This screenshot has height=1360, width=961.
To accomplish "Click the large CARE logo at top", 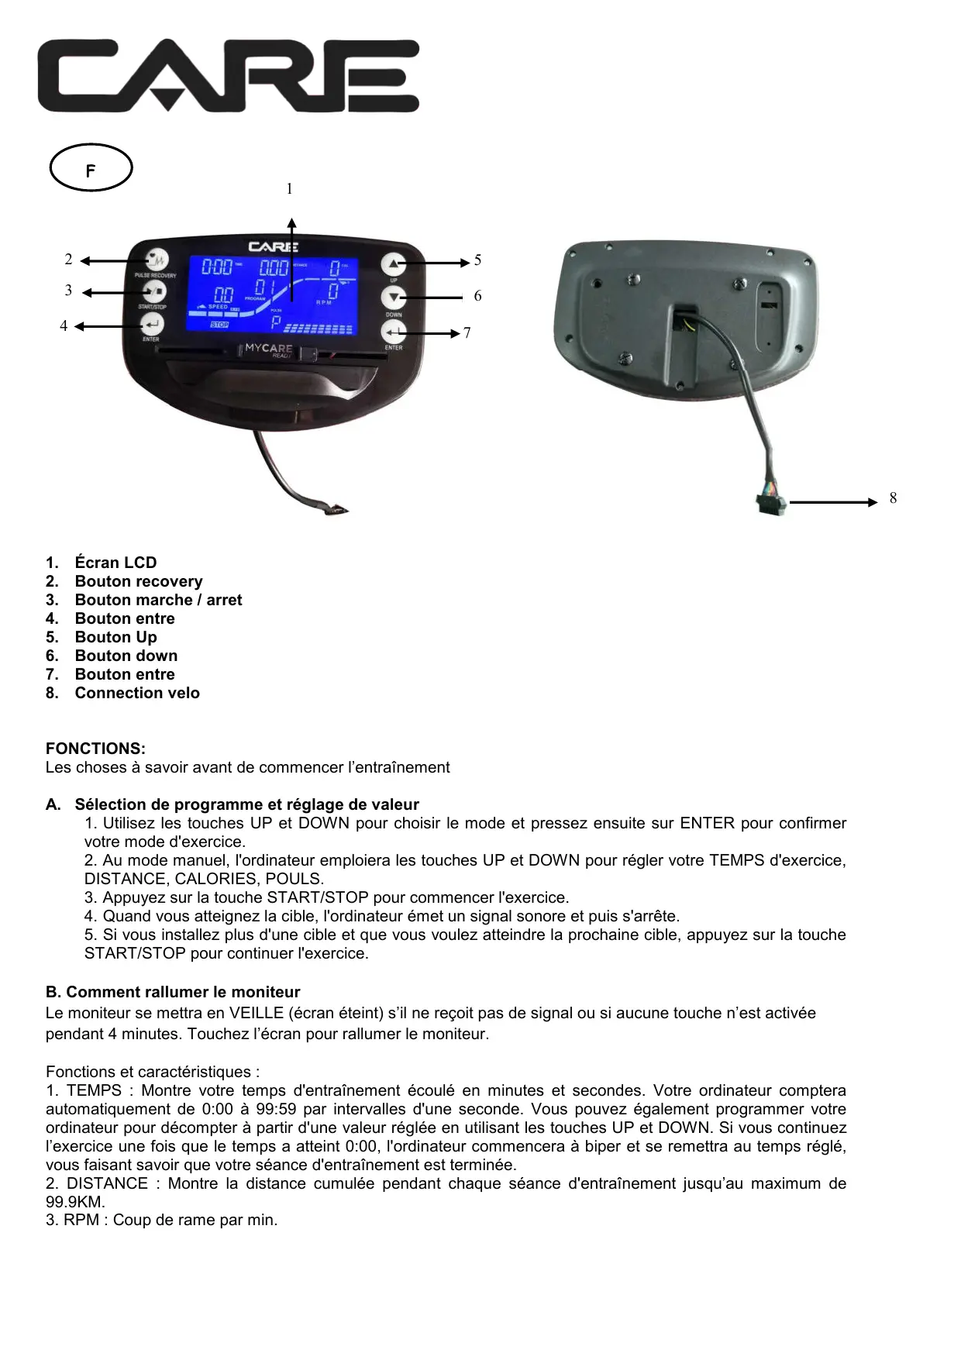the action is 229,76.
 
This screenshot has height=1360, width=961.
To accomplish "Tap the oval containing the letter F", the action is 91,168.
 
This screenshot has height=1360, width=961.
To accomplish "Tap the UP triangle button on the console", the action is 394,264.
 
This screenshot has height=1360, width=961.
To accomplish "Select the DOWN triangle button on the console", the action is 394,298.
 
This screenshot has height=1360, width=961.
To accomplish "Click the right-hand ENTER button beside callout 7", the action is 394,332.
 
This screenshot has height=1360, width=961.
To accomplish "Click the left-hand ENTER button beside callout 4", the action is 152,325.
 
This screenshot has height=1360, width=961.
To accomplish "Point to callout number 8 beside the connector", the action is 893,498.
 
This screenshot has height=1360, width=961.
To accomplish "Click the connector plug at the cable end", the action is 770,503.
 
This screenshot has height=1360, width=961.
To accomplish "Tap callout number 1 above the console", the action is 289,189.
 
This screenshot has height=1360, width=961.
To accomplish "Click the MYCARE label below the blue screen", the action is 269,349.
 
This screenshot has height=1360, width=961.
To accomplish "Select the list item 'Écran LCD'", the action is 115,563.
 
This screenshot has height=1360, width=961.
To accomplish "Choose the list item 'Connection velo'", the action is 137,693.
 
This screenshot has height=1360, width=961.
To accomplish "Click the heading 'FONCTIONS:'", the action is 95,749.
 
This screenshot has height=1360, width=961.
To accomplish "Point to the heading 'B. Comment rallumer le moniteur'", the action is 173,992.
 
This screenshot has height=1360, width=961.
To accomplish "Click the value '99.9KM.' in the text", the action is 75,1202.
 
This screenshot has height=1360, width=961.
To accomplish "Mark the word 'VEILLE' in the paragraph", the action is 257,1013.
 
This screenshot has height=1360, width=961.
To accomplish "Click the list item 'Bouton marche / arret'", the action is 158,600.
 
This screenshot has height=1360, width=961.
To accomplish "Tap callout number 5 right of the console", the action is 477,260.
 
